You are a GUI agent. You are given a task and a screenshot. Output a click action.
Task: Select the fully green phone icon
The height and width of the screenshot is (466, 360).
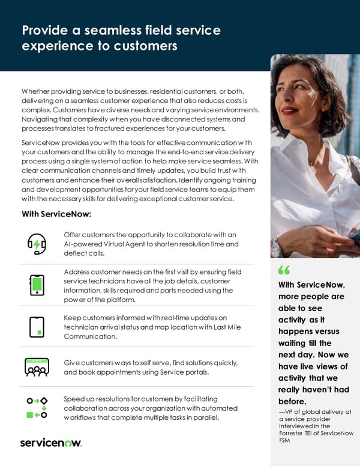(37, 285)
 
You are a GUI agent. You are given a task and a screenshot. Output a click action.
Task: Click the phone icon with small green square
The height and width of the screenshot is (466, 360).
(37, 327)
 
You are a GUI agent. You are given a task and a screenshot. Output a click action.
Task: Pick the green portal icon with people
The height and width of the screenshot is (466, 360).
(37, 367)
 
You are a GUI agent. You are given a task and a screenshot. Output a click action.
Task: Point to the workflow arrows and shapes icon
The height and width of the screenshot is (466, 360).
(37, 407)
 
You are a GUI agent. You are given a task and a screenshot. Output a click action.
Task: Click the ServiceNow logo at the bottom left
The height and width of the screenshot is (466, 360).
(50, 443)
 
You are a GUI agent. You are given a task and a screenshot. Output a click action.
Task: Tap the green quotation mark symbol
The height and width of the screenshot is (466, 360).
(284, 270)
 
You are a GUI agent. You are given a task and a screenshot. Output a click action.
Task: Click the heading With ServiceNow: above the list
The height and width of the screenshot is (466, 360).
(56, 214)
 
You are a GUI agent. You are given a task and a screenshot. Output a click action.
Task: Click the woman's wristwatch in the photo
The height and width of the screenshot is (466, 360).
(277, 246)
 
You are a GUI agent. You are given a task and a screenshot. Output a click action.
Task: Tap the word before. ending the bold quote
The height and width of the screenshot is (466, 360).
(293, 401)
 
